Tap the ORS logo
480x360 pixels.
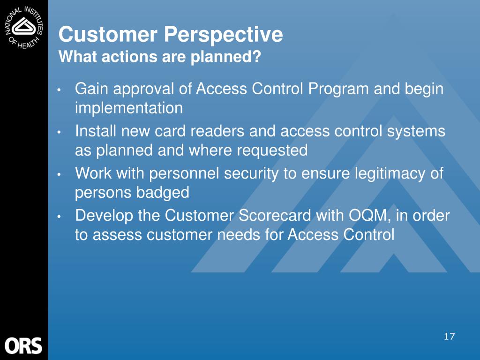(23, 345)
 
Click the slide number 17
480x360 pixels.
(449, 337)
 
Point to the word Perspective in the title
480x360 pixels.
(224, 35)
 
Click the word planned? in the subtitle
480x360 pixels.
(225, 57)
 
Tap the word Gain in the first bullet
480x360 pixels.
(91, 89)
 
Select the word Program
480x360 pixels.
(338, 90)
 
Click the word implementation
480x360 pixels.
(129, 108)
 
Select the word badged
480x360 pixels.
(163, 193)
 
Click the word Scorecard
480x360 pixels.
(275, 215)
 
